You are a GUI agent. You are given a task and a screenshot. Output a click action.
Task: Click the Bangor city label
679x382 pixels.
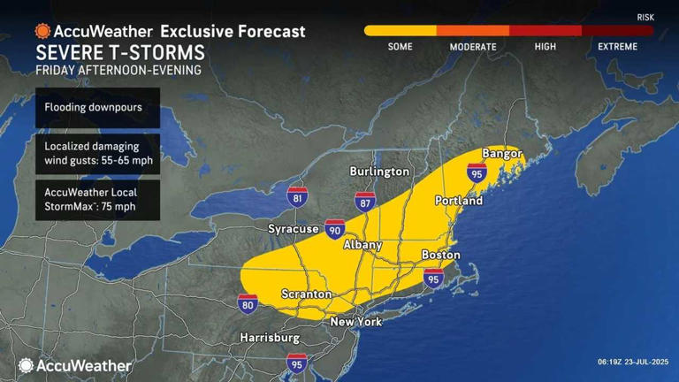497,154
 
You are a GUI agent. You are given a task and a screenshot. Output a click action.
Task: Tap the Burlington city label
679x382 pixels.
379,171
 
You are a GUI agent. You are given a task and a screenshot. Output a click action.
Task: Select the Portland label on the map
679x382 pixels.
459,201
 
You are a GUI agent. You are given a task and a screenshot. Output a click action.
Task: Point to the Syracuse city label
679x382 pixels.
293,229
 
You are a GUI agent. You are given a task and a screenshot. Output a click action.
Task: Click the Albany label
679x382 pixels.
362,245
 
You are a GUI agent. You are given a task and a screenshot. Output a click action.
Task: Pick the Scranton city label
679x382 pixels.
306,294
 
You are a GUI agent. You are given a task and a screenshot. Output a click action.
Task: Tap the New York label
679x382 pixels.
356,322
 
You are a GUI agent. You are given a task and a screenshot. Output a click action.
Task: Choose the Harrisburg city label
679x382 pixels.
270,338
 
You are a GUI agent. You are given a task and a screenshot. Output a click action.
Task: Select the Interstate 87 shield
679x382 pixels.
365,202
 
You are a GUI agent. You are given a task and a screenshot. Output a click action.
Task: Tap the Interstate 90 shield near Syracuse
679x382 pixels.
334,229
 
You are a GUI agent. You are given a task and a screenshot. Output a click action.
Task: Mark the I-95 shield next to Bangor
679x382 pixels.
477,172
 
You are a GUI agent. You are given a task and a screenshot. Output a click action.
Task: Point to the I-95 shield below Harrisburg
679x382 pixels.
297,363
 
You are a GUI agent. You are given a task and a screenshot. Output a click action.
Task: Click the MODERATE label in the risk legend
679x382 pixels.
472,47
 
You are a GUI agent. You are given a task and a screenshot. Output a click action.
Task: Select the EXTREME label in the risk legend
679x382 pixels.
617,47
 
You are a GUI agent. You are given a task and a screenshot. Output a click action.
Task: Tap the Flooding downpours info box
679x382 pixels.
98,109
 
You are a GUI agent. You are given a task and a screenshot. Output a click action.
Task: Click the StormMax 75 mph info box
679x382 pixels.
98,200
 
